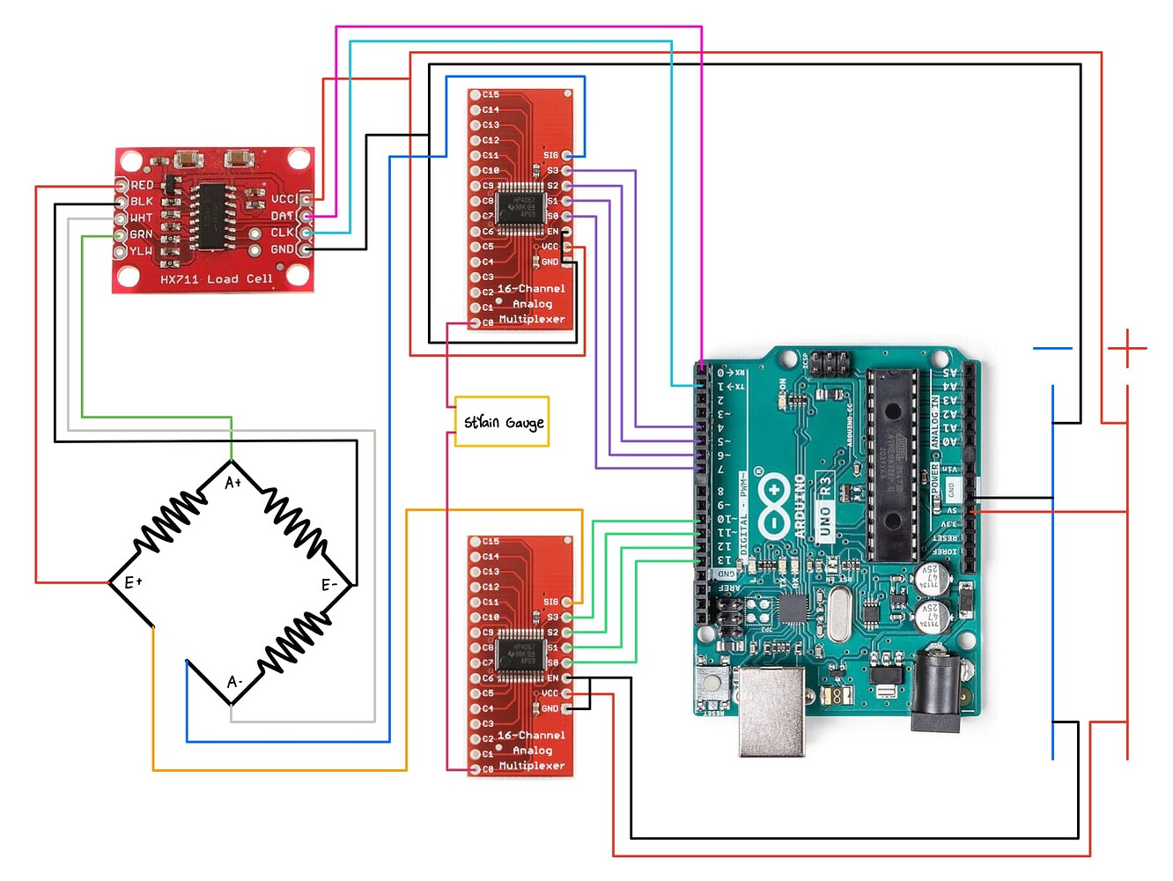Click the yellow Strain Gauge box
(502, 422)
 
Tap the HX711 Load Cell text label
(216, 279)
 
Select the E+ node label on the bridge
(133, 582)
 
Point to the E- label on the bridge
(329, 585)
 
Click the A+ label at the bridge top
(232, 483)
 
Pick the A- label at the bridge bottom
(234, 682)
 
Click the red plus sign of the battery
(1126, 349)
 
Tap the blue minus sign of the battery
(1052, 349)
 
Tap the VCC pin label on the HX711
(283, 200)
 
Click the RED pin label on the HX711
(142, 185)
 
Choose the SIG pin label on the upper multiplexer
(550, 155)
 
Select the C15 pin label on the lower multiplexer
(491, 541)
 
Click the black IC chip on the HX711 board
(210, 216)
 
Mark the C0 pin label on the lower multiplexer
(488, 769)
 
